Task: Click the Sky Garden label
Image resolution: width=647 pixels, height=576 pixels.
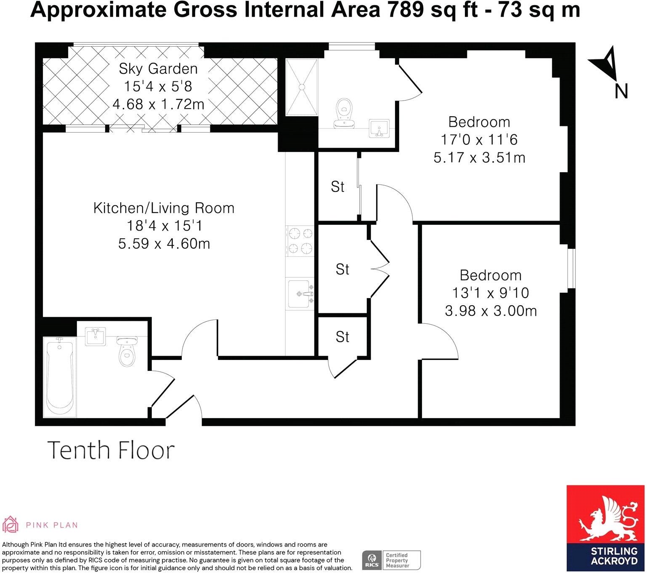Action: [x=158, y=68]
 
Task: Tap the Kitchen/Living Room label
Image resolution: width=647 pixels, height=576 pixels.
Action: [x=164, y=208]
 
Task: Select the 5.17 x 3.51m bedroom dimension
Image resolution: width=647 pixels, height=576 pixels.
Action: [x=479, y=158]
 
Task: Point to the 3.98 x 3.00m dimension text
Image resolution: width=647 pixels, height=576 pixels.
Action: [x=491, y=311]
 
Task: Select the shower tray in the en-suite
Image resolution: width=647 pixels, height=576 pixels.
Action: [x=302, y=87]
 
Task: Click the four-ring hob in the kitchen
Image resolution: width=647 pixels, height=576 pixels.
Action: [x=300, y=241]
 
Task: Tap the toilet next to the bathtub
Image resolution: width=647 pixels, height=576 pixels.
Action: [x=127, y=352]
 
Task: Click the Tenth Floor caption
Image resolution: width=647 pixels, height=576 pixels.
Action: [x=111, y=450]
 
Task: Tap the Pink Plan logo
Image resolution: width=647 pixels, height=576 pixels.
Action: [x=40, y=525]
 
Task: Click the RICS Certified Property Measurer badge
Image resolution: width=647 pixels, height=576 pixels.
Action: [x=391, y=560]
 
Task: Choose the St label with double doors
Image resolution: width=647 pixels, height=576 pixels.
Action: [x=342, y=269]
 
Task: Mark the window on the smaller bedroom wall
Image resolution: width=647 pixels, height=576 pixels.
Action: [x=570, y=269]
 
